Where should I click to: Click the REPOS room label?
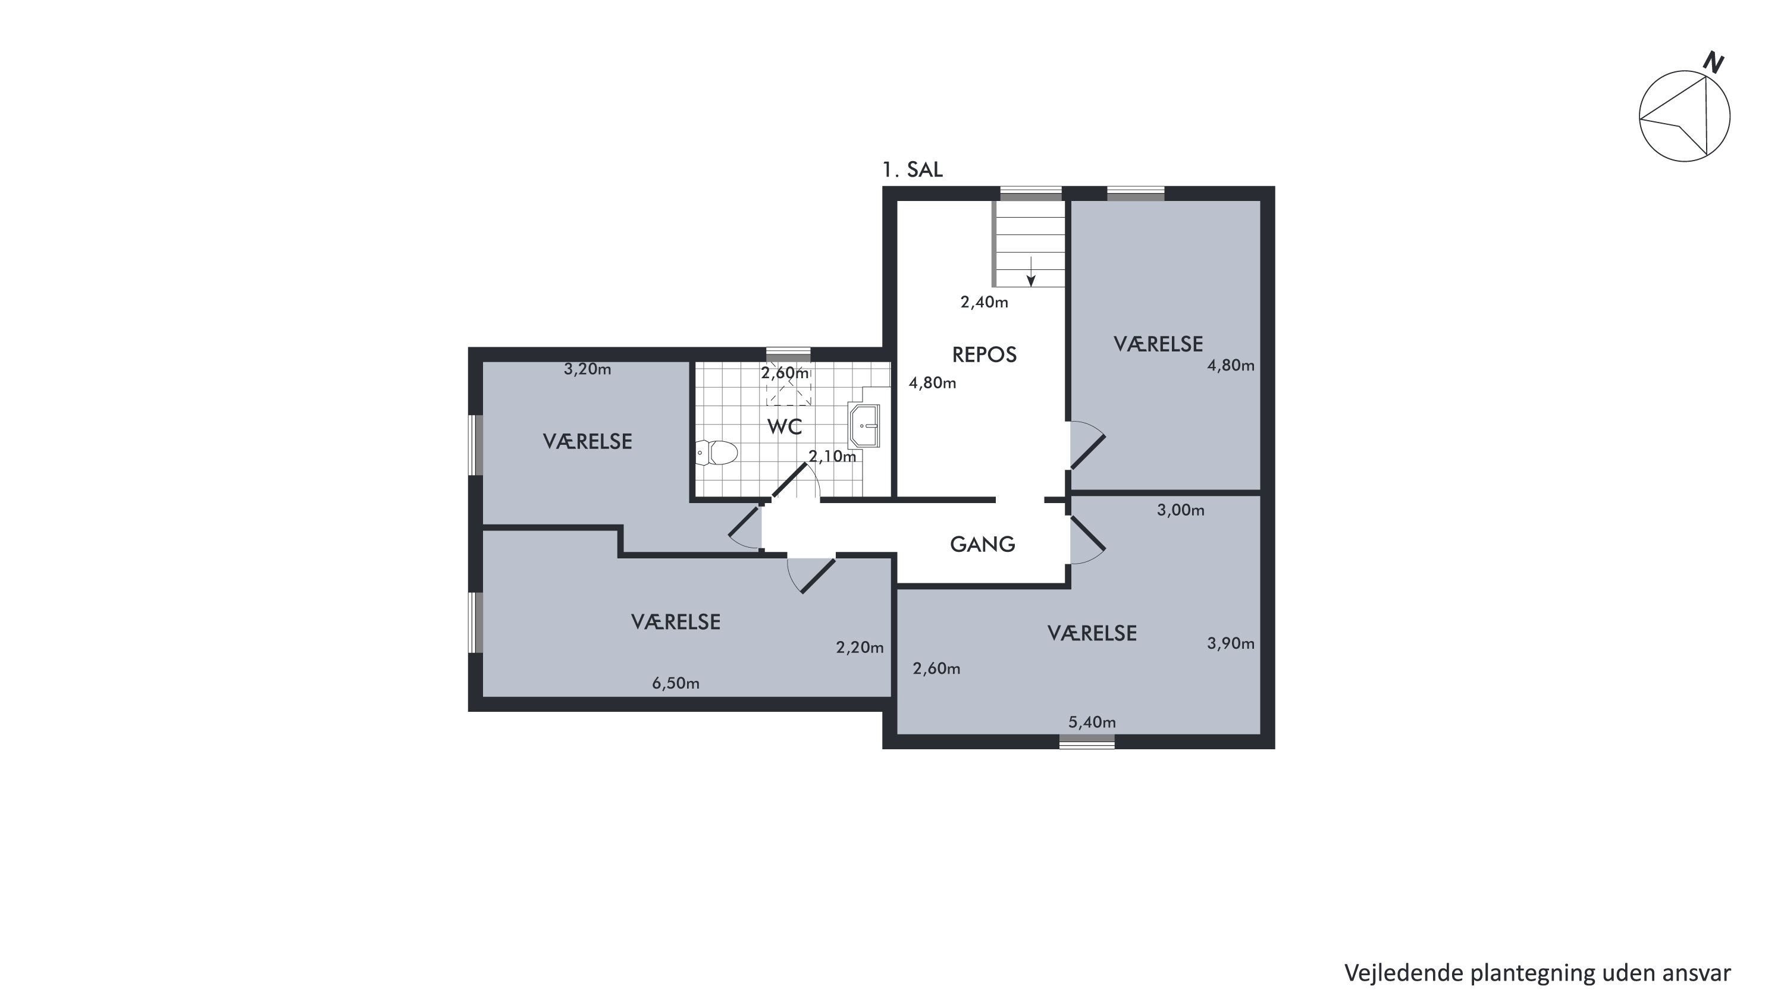[984, 355]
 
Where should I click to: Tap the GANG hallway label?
[982, 545]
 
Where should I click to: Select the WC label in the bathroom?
[785, 427]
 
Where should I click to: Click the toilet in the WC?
[717, 454]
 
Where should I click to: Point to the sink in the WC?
[864, 426]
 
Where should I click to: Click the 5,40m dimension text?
[1092, 723]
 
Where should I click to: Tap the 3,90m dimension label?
[1231, 644]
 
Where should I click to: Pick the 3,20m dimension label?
[587, 370]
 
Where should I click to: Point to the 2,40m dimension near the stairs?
[984, 303]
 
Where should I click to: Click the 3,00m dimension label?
[1181, 511]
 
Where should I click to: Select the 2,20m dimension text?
[860, 648]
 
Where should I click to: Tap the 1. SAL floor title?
[913, 170]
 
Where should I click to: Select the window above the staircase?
[1031, 194]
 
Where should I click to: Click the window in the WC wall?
[788, 354]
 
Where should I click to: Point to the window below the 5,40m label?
[1087, 742]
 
